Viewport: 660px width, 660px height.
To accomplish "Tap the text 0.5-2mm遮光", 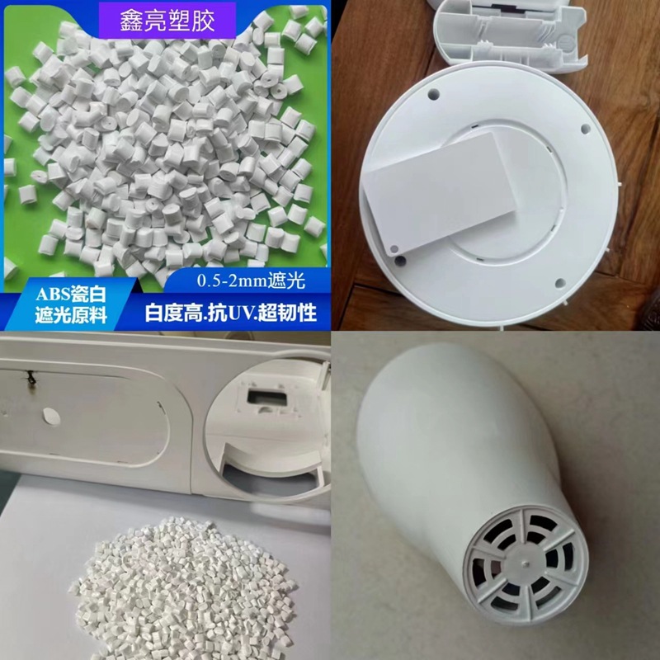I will click(x=251, y=281).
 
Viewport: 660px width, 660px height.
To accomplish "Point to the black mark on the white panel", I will click(x=31, y=378).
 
